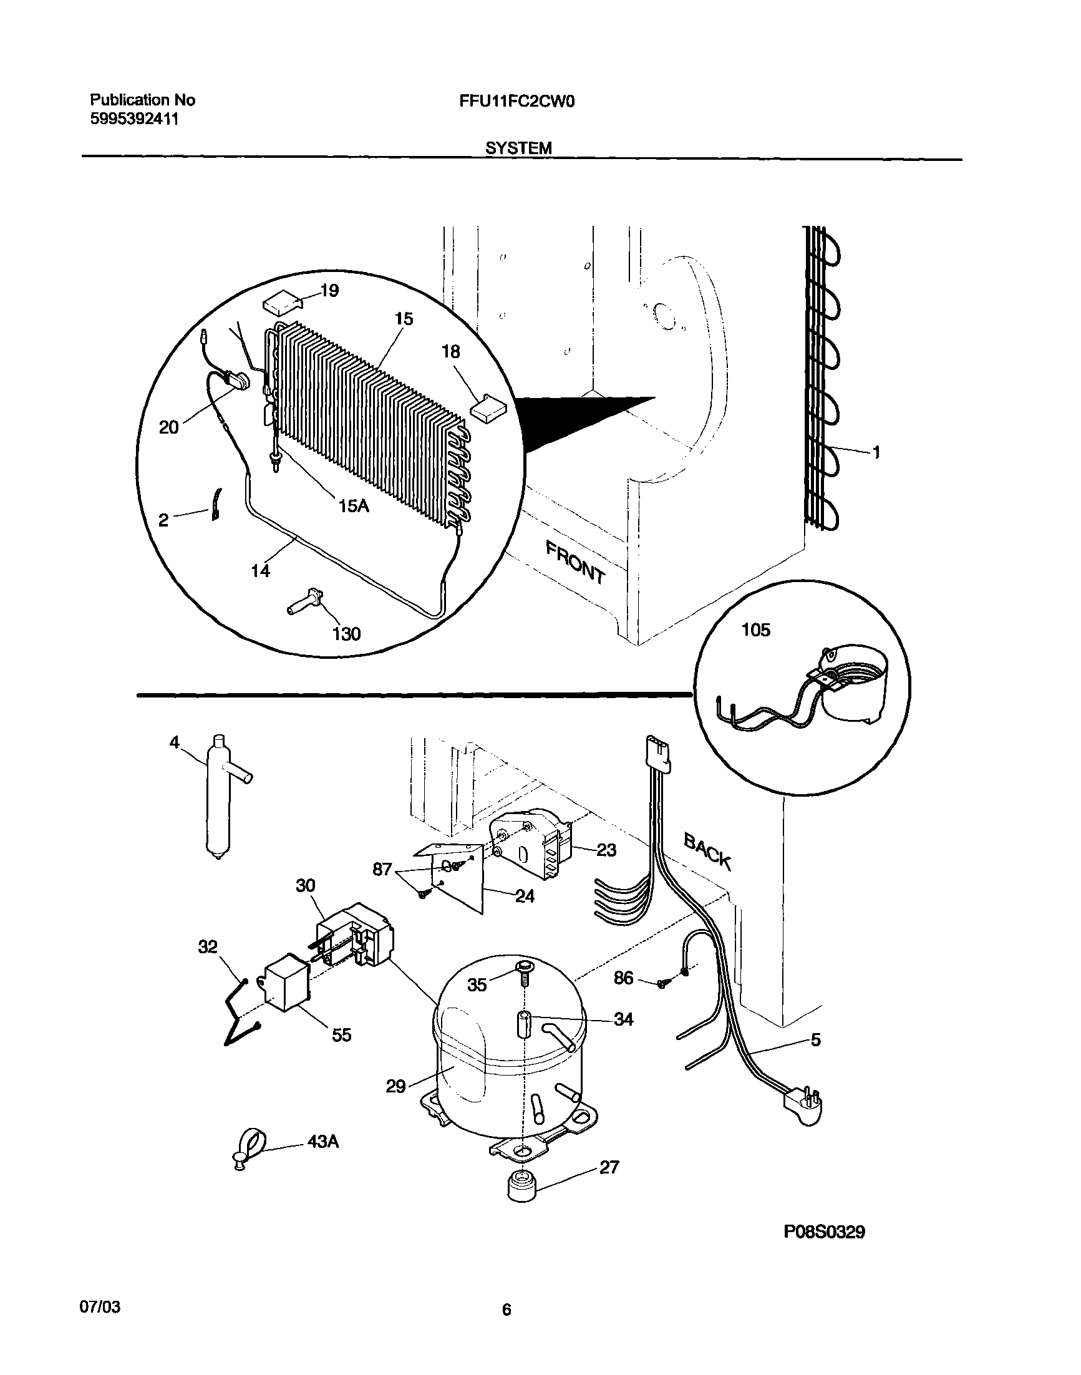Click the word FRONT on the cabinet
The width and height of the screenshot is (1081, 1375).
[x=576, y=562]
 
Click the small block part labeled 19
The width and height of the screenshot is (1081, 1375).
[x=283, y=301]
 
